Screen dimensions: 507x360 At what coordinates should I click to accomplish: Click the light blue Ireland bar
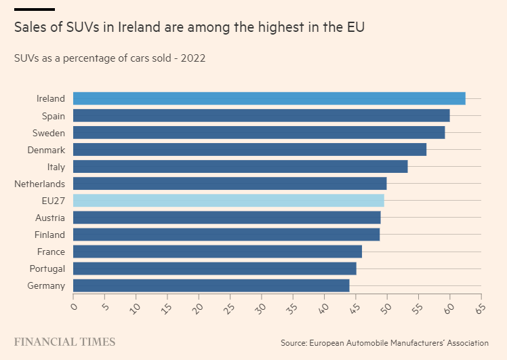269,98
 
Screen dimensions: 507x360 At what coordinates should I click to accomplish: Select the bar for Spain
261,115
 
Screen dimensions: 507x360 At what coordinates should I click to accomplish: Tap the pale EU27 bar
228,201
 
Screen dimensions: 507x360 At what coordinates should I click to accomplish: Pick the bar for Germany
211,285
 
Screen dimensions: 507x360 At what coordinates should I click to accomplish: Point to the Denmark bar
249,149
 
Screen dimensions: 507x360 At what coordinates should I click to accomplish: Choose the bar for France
218,252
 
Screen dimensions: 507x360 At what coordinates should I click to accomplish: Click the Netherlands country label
40,184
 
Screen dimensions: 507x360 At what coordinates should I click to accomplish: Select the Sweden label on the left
49,133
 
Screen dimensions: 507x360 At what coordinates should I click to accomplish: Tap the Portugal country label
47,269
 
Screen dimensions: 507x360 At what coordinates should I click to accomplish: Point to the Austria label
50,218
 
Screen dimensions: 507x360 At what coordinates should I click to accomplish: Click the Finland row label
49,235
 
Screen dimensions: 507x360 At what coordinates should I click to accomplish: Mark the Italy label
56,167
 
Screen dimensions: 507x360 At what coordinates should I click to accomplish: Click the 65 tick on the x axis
481,308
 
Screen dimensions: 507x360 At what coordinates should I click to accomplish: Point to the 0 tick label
74,306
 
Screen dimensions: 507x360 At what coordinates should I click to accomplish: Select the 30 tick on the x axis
260,308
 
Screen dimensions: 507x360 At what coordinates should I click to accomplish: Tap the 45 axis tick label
355,308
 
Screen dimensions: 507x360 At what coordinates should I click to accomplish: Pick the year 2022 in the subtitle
193,58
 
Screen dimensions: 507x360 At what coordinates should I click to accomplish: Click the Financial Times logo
64,342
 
